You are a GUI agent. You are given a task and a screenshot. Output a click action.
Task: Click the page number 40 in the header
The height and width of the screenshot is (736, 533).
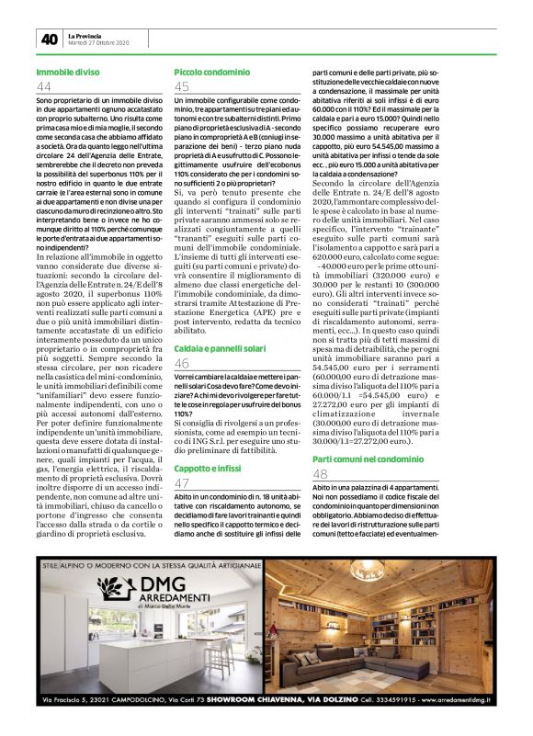pyautogui.click(x=49, y=39)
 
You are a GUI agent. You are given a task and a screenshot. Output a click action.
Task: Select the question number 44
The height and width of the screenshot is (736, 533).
pyautogui.click(x=44, y=86)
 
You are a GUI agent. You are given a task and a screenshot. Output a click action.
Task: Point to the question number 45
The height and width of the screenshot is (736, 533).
pyautogui.click(x=182, y=86)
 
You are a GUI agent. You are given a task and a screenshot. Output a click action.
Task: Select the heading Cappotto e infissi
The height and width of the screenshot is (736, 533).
pyautogui.click(x=210, y=469)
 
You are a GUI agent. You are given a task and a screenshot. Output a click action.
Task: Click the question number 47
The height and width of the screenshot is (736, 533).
pyautogui.click(x=182, y=484)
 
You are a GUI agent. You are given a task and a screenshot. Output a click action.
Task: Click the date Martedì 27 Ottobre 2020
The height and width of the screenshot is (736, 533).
pyautogui.click(x=100, y=43)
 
